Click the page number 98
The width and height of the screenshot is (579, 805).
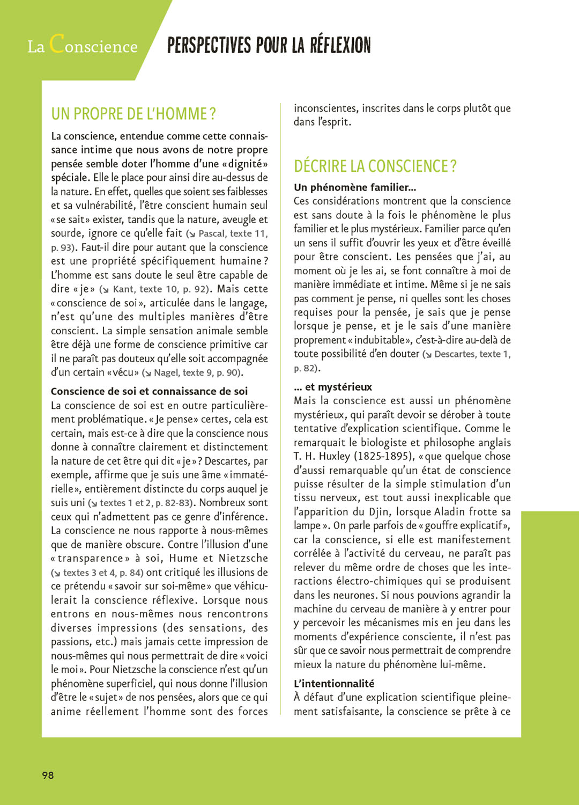(x=48, y=775)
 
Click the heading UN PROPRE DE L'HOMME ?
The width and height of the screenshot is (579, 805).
(x=133, y=114)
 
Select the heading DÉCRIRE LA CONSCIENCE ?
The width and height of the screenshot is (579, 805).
(x=375, y=166)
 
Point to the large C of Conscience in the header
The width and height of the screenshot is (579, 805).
(x=57, y=43)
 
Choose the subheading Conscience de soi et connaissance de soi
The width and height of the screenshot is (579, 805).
(x=149, y=391)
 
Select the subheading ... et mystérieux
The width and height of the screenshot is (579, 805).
(x=333, y=387)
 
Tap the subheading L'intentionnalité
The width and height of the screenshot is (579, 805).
(x=334, y=683)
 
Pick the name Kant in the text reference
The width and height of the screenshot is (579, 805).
(x=123, y=289)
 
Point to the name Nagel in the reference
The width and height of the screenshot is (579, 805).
(x=166, y=372)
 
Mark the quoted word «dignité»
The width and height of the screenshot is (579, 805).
(x=244, y=164)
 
